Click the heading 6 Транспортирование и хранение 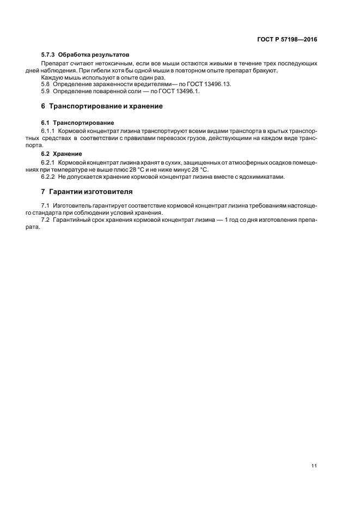102,106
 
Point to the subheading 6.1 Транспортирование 77,123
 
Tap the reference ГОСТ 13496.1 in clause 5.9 167,91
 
